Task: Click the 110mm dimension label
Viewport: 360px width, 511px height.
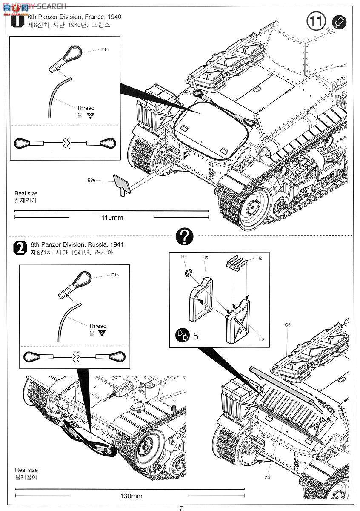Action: click(x=112, y=218)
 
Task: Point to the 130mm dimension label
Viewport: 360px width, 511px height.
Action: click(x=131, y=496)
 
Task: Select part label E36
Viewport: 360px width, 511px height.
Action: click(x=91, y=181)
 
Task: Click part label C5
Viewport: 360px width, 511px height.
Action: click(x=288, y=325)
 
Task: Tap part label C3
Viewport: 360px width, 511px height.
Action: click(x=267, y=477)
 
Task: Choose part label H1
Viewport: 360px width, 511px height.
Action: click(x=184, y=257)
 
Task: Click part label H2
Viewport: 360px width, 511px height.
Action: click(x=259, y=258)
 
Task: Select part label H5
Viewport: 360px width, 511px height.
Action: click(x=205, y=258)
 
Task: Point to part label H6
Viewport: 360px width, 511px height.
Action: click(x=261, y=339)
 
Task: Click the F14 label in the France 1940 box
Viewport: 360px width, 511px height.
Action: click(x=105, y=50)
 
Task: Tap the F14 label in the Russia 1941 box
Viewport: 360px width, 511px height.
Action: click(x=115, y=275)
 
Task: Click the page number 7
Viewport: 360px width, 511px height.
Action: click(x=181, y=508)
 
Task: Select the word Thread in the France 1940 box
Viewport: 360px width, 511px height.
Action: click(x=86, y=108)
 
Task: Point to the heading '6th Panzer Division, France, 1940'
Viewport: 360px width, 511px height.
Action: click(x=74, y=17)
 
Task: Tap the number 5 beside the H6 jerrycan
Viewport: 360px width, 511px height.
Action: click(x=196, y=336)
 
